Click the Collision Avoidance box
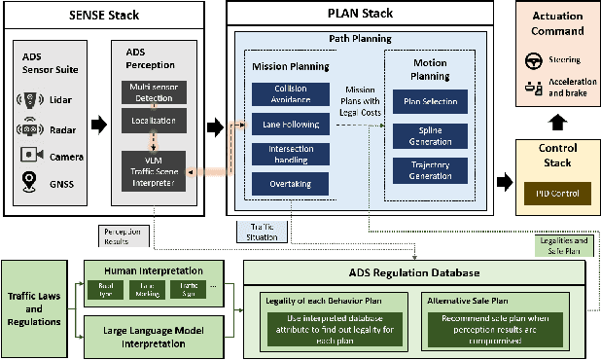tap(283, 93)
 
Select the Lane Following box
tap(283, 124)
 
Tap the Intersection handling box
tap(283, 154)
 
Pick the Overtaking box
tap(283, 182)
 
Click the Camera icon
tap(32, 153)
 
